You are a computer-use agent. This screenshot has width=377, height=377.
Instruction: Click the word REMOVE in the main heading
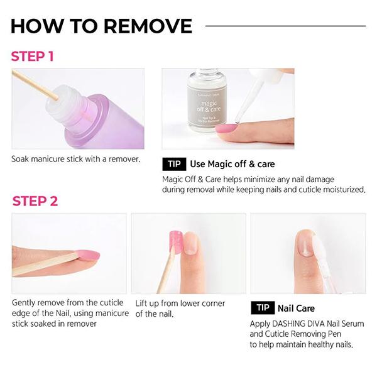point(148,26)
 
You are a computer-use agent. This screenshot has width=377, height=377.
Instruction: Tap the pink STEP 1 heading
point(32,57)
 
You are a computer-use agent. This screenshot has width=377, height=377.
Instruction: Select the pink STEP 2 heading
point(35,201)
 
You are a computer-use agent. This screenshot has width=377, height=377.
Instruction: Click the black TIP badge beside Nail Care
point(263,307)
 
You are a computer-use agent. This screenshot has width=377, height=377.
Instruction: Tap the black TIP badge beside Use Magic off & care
point(174,164)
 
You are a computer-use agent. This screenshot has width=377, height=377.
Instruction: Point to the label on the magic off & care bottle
point(207,106)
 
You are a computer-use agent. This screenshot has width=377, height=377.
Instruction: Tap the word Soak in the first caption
point(20,159)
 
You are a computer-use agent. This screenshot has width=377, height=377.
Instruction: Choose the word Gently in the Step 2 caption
point(24,303)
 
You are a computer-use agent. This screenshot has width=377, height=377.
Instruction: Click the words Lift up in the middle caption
point(146,303)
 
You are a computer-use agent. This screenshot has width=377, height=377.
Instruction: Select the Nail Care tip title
point(296,308)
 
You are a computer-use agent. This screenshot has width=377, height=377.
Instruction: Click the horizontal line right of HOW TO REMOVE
point(286,26)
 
